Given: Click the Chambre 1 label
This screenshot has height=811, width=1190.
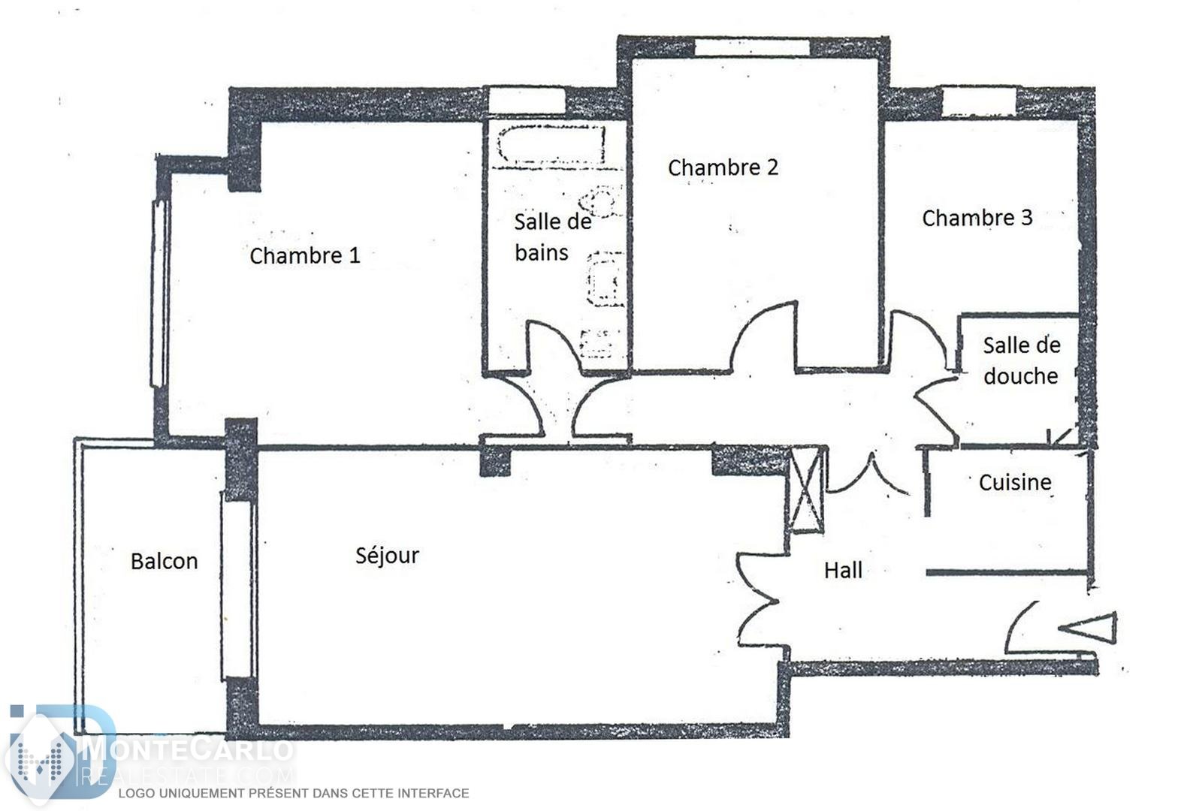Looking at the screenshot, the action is click(x=305, y=256).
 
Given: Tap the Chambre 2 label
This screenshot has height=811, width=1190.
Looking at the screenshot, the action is click(x=723, y=167).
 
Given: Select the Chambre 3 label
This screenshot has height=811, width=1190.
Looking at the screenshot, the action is click(x=977, y=218).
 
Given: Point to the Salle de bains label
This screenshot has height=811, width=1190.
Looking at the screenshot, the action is click(x=552, y=237).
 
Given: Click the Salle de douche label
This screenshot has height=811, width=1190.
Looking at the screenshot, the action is click(x=1022, y=360).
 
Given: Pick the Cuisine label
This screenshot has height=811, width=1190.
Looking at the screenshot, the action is click(x=1015, y=483).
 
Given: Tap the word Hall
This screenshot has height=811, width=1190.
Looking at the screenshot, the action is click(x=843, y=571).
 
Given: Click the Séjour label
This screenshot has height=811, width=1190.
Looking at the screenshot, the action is click(x=388, y=556).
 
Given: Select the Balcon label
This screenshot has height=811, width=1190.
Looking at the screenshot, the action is click(x=165, y=562).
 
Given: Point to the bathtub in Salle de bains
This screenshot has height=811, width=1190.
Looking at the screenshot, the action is click(x=551, y=144).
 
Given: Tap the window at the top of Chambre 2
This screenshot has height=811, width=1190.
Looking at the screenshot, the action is click(x=752, y=47).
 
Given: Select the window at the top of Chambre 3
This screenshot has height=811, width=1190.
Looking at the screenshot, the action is click(x=979, y=102).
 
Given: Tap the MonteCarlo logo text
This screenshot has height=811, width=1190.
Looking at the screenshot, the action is click(x=188, y=750).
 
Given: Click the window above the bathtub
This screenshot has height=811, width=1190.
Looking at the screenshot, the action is click(x=527, y=101).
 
